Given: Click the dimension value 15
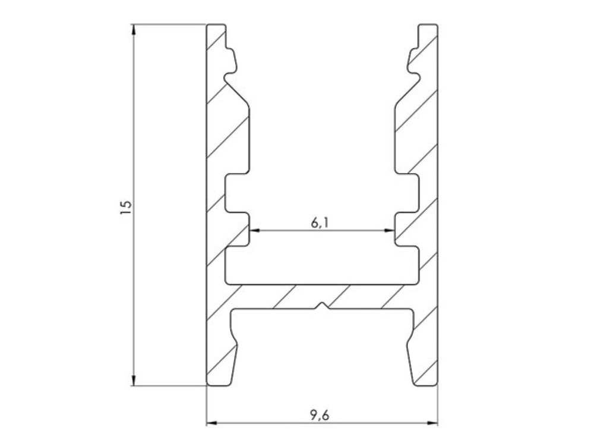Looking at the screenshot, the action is point(126,208).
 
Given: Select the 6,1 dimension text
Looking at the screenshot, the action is point(320,223).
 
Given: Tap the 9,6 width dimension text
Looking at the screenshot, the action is point(320,415).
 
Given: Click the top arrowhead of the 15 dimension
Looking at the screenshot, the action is point(134,29).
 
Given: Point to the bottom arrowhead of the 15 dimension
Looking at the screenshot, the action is point(134,381).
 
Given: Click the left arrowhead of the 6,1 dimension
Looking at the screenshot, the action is point(255,230).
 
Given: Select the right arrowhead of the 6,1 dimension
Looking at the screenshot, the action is point(390,230).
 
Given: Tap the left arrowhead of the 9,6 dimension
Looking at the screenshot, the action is point(211,422).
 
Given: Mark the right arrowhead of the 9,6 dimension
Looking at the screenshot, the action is point(432,422).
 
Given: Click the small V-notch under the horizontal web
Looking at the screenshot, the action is point(323,306).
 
